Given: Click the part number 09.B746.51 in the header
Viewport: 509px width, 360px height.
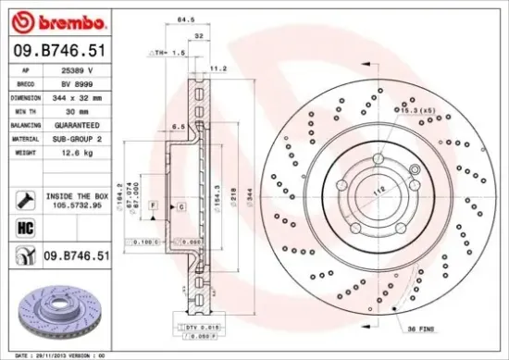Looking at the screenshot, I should [x=57, y=52].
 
